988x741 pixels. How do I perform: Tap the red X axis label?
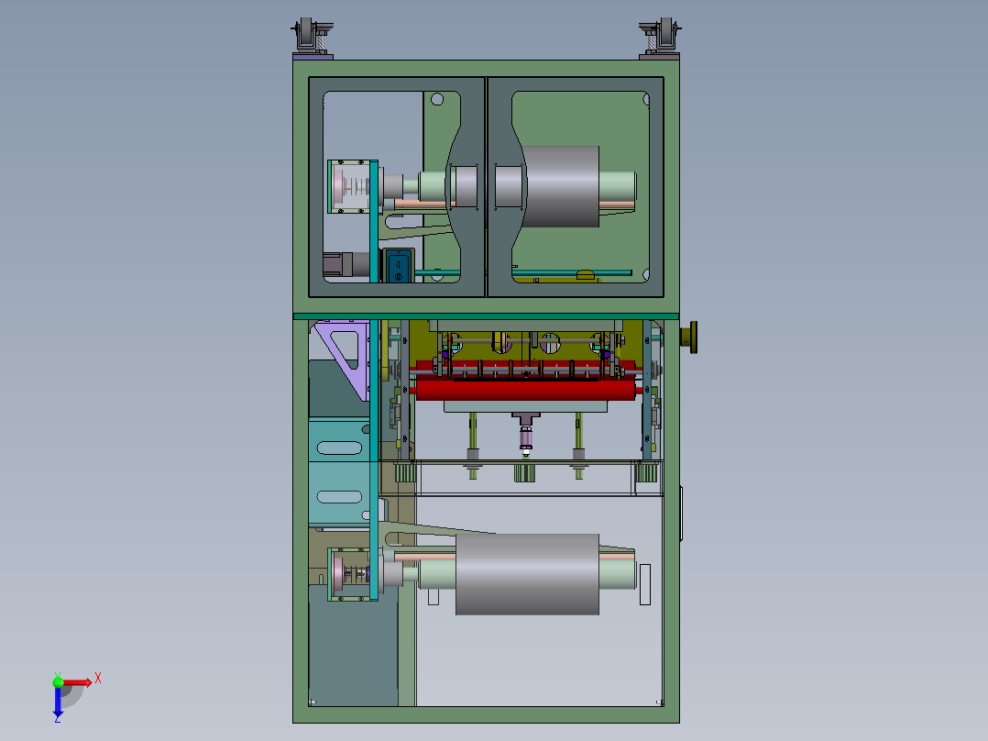point(98,679)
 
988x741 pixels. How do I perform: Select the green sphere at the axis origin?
point(58,681)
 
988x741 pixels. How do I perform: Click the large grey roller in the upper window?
point(561,187)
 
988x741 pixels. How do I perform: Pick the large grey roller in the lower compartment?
point(527,574)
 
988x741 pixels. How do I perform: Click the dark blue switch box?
point(398,266)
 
